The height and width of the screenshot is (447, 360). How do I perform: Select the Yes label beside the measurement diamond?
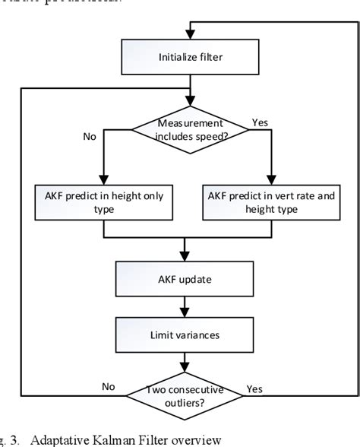[x=258, y=122]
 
